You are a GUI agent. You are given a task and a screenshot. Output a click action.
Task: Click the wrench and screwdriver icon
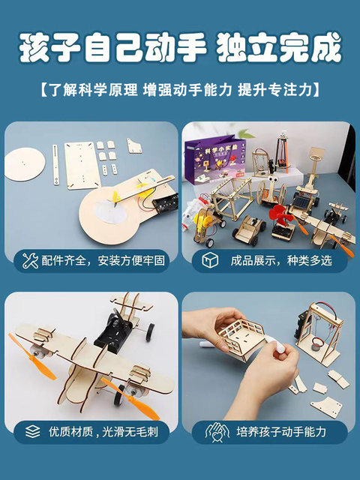[30, 260]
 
